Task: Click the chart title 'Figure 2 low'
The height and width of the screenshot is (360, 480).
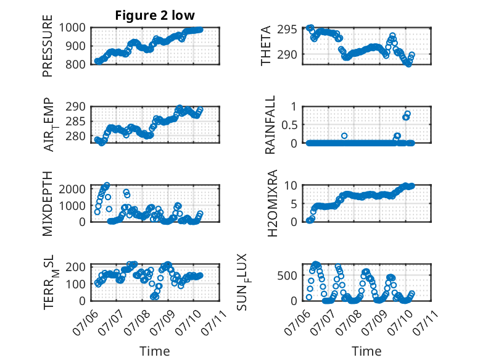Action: point(155,15)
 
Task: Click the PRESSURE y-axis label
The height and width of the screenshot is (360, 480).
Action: point(48,46)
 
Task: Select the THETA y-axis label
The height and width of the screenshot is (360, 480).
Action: point(266,46)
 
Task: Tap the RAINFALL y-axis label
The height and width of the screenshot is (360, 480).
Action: point(270,125)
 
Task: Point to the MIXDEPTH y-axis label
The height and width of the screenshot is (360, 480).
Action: point(48,203)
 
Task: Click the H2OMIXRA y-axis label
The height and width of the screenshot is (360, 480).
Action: point(272,203)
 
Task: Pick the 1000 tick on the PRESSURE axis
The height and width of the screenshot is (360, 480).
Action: point(72,28)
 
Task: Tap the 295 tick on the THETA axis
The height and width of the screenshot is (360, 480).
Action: point(287,30)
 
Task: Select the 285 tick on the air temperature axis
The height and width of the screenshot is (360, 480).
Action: point(75,121)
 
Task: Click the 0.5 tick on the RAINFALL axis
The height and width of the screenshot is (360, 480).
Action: point(289,125)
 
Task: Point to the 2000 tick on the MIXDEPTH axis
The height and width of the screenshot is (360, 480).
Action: point(72,189)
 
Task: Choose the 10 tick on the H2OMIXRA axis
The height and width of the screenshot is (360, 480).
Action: point(291,185)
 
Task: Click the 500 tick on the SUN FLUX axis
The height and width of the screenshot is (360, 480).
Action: point(287,275)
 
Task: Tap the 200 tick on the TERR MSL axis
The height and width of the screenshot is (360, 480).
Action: point(75,267)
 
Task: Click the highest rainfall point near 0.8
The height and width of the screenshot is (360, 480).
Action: point(407,114)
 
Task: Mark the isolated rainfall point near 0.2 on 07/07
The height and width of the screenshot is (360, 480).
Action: point(344,136)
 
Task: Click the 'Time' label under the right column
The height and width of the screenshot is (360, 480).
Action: point(366,351)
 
